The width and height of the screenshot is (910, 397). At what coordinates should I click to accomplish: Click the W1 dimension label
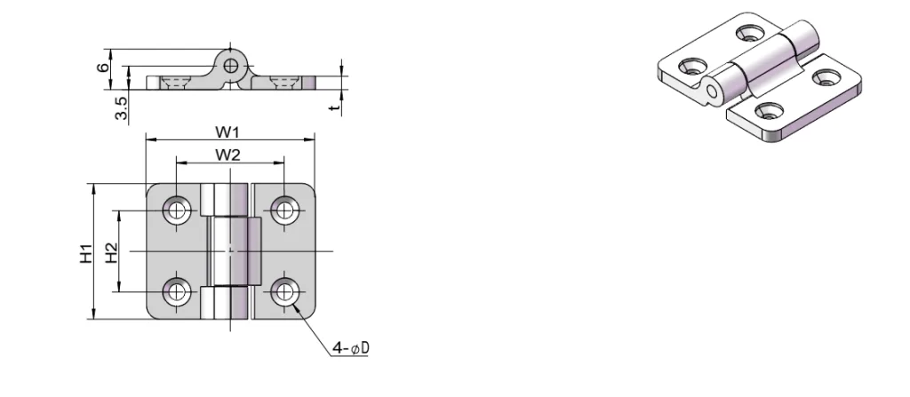pyautogui.click(x=228, y=131)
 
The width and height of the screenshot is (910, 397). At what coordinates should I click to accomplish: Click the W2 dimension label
pyautogui.click(x=228, y=155)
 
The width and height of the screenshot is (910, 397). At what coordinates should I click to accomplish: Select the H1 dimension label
pyautogui.click(x=85, y=252)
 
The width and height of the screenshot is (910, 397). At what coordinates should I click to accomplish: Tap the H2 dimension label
pyautogui.click(x=111, y=252)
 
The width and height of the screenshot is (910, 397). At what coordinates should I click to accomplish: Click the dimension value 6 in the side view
pyautogui.click(x=104, y=67)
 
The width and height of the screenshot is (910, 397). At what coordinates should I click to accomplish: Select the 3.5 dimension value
pyautogui.click(x=122, y=107)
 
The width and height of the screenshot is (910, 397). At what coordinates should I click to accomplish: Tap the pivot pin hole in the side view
pyautogui.click(x=231, y=65)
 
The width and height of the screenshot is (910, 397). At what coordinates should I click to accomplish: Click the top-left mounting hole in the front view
pyautogui.click(x=177, y=210)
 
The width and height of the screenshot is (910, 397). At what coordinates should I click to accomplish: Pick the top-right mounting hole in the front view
pyautogui.click(x=284, y=210)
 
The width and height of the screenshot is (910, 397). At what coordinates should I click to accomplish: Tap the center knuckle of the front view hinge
pyautogui.click(x=234, y=251)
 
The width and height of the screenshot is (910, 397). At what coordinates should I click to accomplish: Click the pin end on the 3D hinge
pyautogui.click(x=711, y=91)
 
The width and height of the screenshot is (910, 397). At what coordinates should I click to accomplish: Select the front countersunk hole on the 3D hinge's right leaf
pyautogui.click(x=766, y=112)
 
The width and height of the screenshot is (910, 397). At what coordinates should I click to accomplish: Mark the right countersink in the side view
pyautogui.click(x=284, y=83)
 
